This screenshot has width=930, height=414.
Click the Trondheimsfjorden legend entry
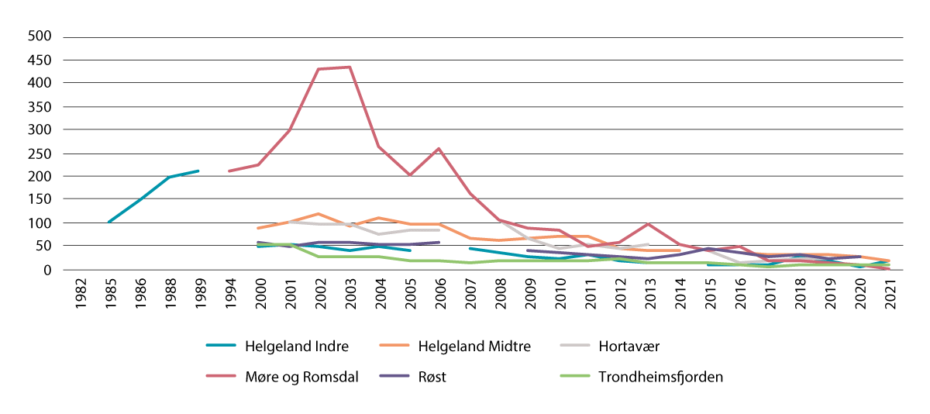click(x=660, y=377)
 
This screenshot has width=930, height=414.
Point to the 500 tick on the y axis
click(x=40, y=36)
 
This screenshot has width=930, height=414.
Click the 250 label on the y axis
click(x=40, y=153)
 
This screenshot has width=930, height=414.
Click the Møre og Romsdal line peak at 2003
click(x=349, y=67)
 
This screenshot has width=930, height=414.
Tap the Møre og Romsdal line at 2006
click(x=439, y=148)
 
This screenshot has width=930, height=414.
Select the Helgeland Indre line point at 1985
click(x=109, y=223)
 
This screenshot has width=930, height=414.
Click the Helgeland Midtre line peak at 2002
click(x=319, y=213)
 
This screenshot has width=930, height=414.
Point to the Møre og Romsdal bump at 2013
click(x=648, y=224)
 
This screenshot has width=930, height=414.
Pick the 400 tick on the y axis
click(x=40, y=83)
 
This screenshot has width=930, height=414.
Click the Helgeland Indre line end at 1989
click(x=199, y=171)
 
